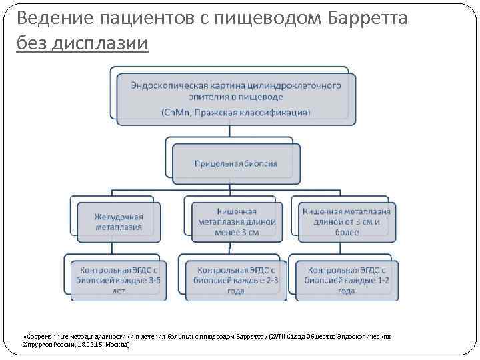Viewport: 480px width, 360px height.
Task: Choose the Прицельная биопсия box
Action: point(235,163)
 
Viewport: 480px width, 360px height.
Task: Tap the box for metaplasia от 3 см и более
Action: point(347,221)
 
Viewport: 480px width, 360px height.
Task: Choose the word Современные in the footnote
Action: point(44,337)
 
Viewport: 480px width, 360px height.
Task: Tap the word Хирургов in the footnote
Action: point(37,345)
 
